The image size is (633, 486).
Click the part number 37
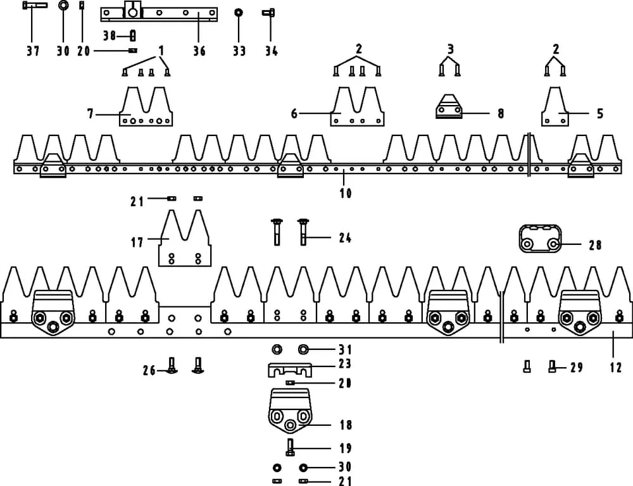33,51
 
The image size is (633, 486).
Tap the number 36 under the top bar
199,51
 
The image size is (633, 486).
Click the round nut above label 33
239,12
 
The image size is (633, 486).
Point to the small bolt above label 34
269,12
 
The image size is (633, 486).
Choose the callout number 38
109,35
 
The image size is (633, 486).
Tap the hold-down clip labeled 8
449,108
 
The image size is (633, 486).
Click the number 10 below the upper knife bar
346,193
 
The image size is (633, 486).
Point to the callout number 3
450,49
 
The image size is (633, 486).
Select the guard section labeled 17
184,240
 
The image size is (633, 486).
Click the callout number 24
345,238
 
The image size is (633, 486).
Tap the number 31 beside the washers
345,349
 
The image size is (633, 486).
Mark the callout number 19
345,448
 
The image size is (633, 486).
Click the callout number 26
149,370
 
